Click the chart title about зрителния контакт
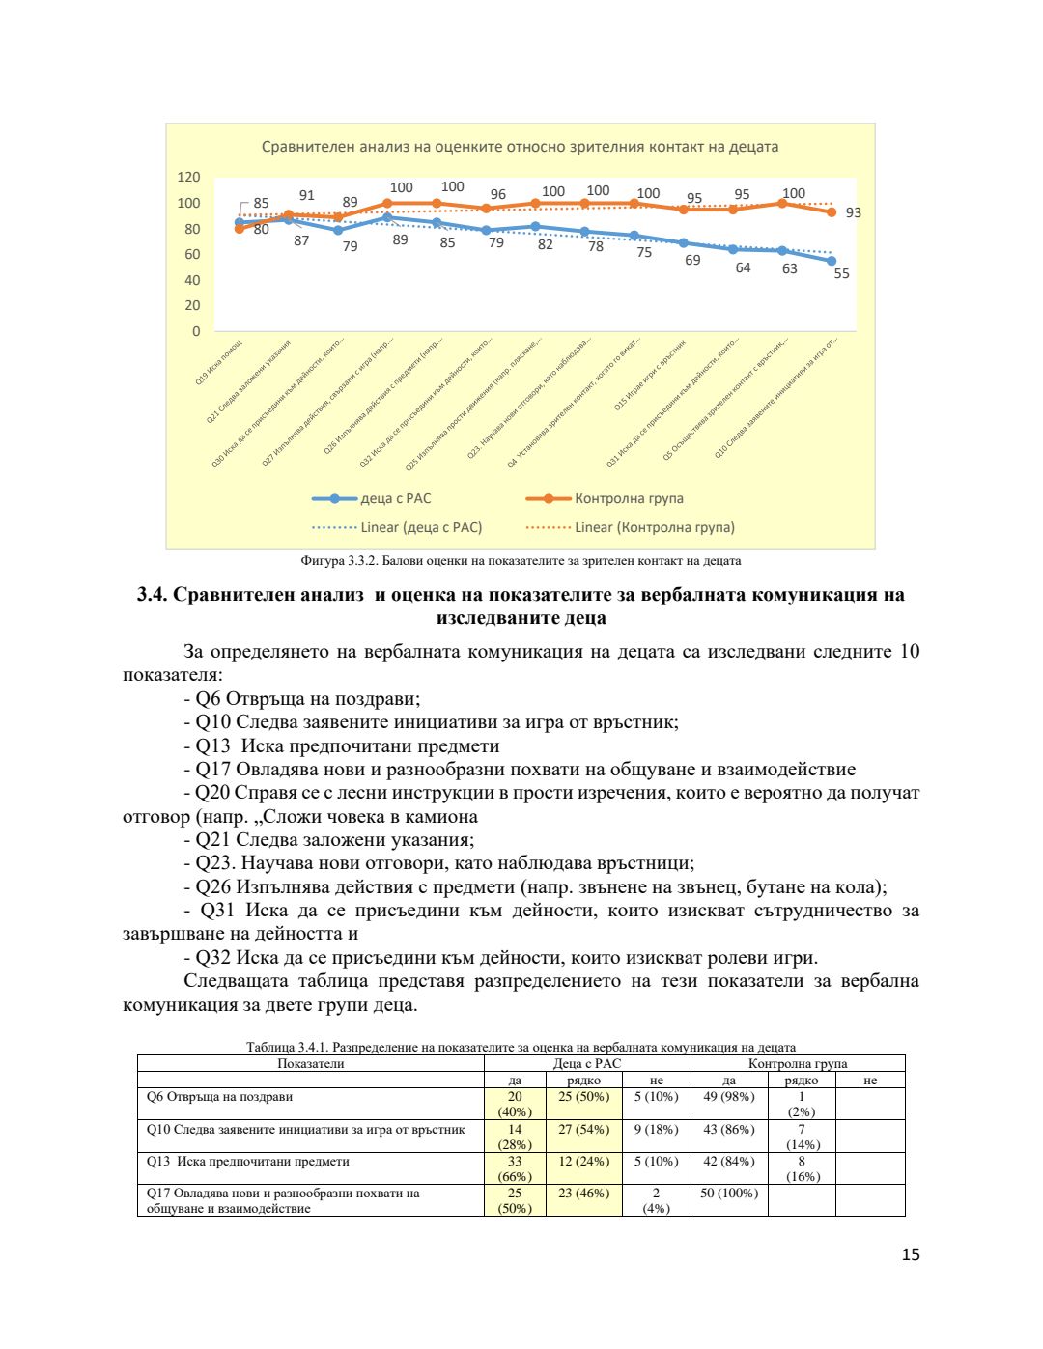pyautogui.click(x=520, y=147)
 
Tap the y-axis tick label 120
pyautogui.click(x=188, y=177)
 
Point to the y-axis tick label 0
pyautogui.click(x=196, y=331)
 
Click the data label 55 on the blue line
pyautogui.click(x=841, y=273)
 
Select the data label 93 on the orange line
pyautogui.click(x=853, y=212)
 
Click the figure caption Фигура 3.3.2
pyautogui.click(x=521, y=560)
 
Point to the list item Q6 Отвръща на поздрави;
pyautogui.click(x=307, y=698)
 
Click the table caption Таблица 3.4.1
pyautogui.click(x=521, y=1047)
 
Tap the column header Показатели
pyautogui.click(x=310, y=1064)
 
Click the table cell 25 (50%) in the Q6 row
pyautogui.click(x=583, y=1097)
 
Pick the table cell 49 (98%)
pyautogui.click(x=728, y=1097)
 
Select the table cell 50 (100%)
pyautogui.click(x=728, y=1194)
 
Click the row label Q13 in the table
pyautogui.click(x=247, y=1162)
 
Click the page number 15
pyautogui.click(x=910, y=1254)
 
